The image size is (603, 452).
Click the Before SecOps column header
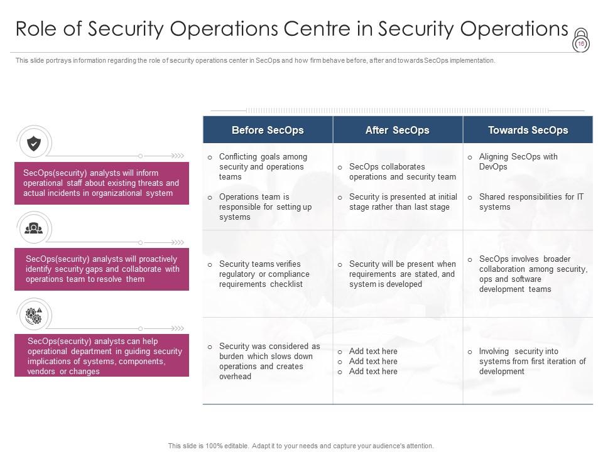[x=268, y=130]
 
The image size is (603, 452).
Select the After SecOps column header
[x=397, y=130]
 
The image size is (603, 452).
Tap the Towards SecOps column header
[x=528, y=130]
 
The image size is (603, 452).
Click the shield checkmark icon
[x=34, y=144]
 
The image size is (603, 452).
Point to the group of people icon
[x=34, y=229]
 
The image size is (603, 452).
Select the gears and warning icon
[x=34, y=315]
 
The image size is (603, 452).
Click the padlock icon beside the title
[x=580, y=40]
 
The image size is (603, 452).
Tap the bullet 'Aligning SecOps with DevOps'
[x=518, y=161]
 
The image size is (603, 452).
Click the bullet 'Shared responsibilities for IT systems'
[x=531, y=202]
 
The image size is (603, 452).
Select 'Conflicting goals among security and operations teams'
[x=263, y=166]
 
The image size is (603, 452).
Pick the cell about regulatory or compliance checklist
[x=264, y=274]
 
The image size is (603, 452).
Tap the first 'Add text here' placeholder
[x=373, y=351]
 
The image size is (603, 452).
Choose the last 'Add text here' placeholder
[x=373, y=371]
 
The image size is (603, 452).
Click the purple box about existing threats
[x=102, y=183]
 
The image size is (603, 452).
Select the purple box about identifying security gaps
[x=102, y=269]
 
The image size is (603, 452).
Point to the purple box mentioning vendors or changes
[x=102, y=356]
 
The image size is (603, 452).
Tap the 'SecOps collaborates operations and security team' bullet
[x=402, y=171]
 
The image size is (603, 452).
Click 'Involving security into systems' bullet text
[x=532, y=361]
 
